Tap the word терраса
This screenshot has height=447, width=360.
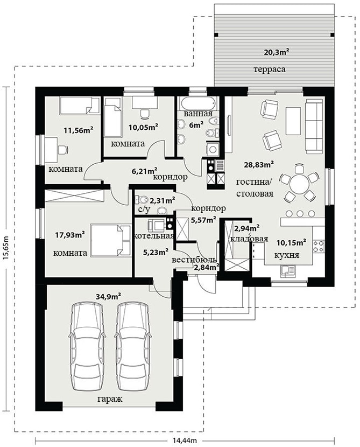point(270,69)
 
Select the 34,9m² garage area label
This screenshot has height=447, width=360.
point(108,297)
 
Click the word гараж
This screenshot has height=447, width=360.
point(110,399)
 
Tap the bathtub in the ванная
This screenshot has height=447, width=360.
point(197,103)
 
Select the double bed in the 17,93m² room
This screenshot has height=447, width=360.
point(111,240)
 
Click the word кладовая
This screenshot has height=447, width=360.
point(249,239)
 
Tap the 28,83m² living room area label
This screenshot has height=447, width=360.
point(259,164)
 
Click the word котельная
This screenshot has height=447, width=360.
point(154,236)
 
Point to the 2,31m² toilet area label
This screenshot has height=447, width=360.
point(163,201)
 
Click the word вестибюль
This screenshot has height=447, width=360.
point(194,260)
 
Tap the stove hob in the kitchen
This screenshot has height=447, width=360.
point(319,247)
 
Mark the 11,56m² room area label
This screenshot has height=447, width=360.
point(79,130)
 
